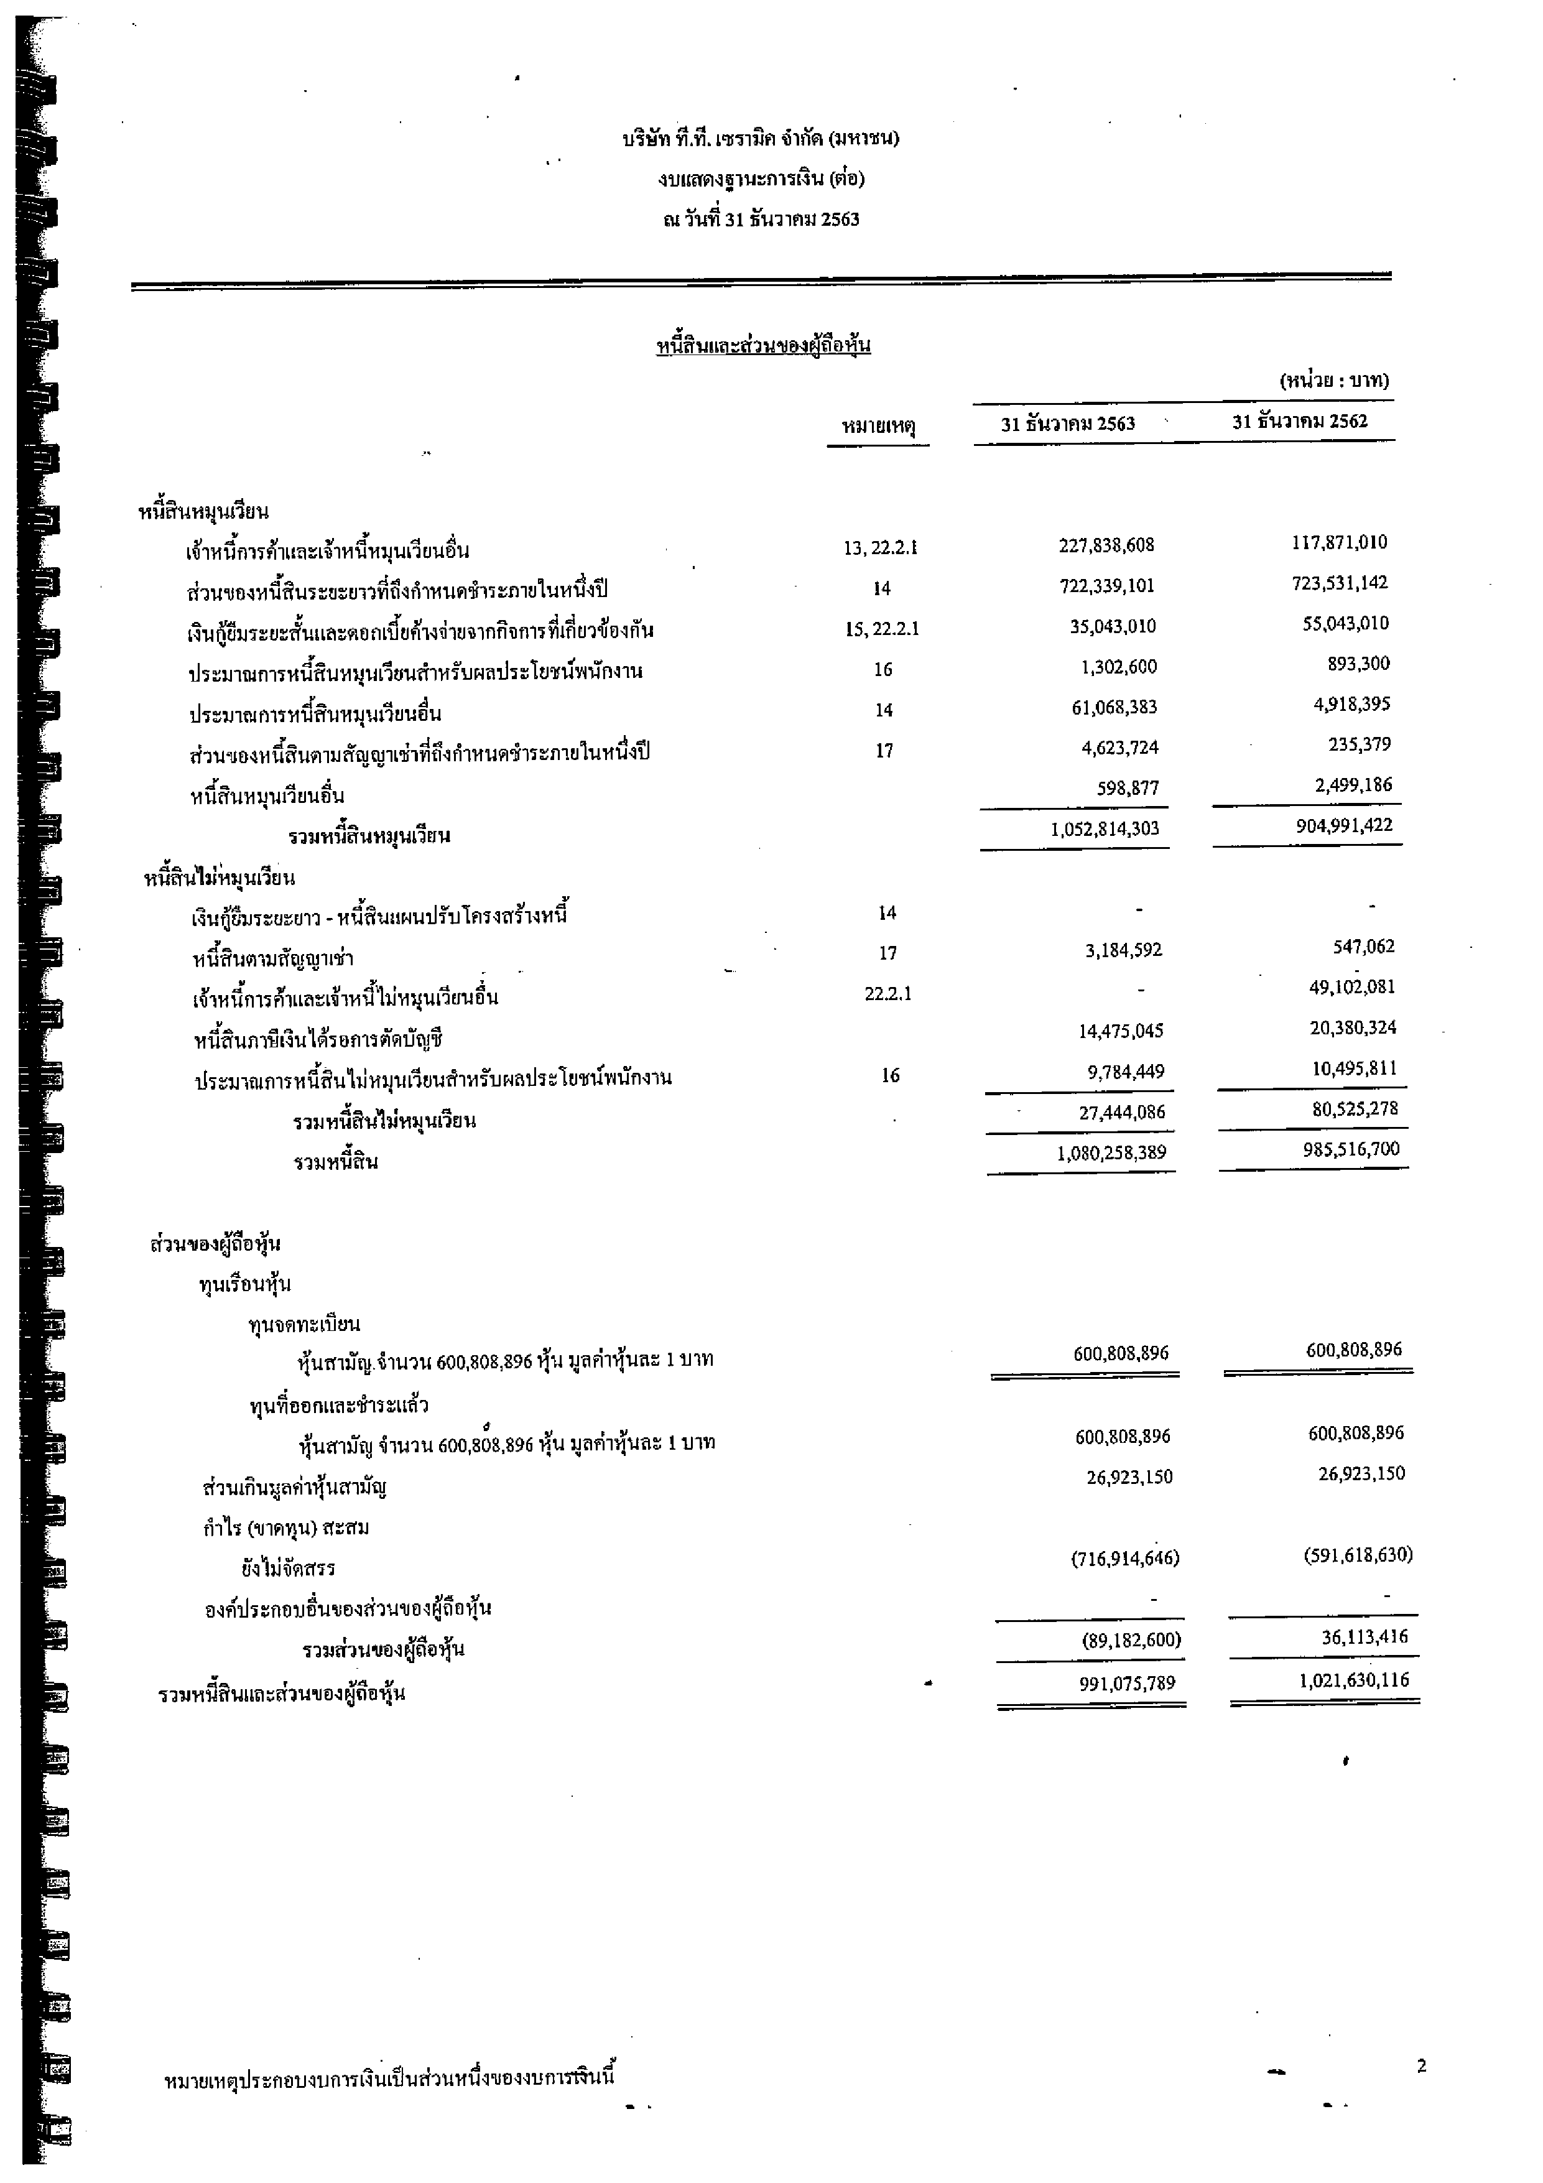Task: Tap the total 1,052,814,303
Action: tap(1105, 828)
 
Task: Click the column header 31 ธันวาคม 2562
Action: tap(1300, 421)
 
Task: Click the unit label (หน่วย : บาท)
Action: tap(1334, 381)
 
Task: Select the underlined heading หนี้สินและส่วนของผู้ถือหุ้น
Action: tap(764, 345)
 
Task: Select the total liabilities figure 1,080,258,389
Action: tap(1110, 1153)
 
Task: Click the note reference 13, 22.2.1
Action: tap(881, 548)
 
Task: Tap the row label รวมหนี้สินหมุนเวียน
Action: tap(369, 837)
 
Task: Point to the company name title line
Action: tap(761, 139)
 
